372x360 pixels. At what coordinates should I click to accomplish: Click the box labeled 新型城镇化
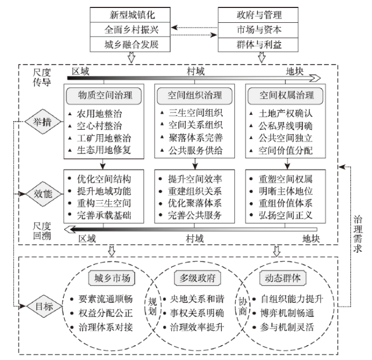point(130,15)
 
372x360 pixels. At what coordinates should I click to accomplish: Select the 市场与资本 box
point(258,30)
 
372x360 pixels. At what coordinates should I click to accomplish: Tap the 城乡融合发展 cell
point(130,44)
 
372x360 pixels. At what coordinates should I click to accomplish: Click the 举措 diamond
point(43,122)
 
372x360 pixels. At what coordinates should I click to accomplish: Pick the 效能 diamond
point(43,194)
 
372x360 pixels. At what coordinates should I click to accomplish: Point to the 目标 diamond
point(44,306)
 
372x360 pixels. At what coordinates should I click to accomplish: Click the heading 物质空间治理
point(104,96)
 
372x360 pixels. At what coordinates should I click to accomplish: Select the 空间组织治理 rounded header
point(195,96)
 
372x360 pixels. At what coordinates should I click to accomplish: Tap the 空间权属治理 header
point(285,96)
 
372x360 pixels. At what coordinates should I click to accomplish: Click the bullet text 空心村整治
point(99,126)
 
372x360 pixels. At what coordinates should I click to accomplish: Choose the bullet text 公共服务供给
point(196,150)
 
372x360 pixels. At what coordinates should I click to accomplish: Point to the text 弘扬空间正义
point(285,215)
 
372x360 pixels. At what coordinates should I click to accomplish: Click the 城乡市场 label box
point(112,278)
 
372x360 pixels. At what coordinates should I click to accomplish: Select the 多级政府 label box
point(197,278)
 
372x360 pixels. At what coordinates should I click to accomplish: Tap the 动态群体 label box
point(283,278)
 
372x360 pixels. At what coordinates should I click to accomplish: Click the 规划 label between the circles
point(153,306)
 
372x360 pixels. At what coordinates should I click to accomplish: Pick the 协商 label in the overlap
point(243,306)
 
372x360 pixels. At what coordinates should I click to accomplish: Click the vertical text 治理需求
point(358,234)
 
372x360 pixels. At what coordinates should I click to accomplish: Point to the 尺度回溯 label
point(42,231)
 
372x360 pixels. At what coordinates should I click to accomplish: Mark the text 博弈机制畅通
point(287,313)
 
